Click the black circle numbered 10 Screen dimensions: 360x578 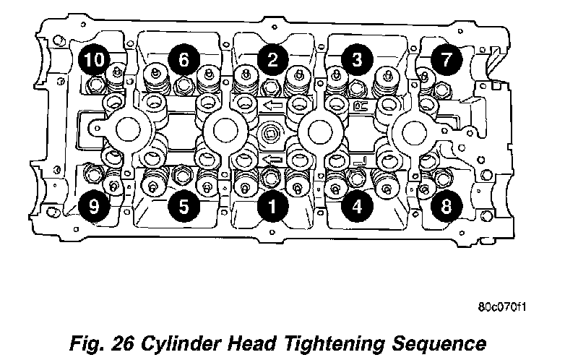pyautogui.click(x=92, y=59)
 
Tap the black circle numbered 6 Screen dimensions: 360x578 pyautogui.click(x=183, y=59)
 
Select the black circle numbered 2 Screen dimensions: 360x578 pyautogui.click(x=271, y=59)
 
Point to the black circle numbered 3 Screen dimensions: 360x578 pyautogui.click(x=354, y=59)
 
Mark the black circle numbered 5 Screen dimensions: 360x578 pyautogui.click(x=184, y=206)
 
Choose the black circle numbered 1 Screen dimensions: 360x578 pyautogui.click(x=272, y=207)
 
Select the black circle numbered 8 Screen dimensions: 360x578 pyautogui.click(x=447, y=206)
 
